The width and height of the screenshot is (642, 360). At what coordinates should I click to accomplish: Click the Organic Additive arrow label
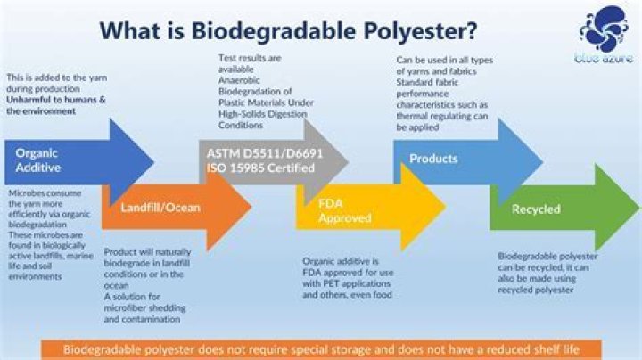pyautogui.click(x=38, y=160)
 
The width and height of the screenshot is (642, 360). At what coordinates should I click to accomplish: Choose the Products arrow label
pyautogui.click(x=433, y=159)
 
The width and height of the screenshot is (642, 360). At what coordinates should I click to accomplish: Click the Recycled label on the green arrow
pyautogui.click(x=536, y=209)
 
